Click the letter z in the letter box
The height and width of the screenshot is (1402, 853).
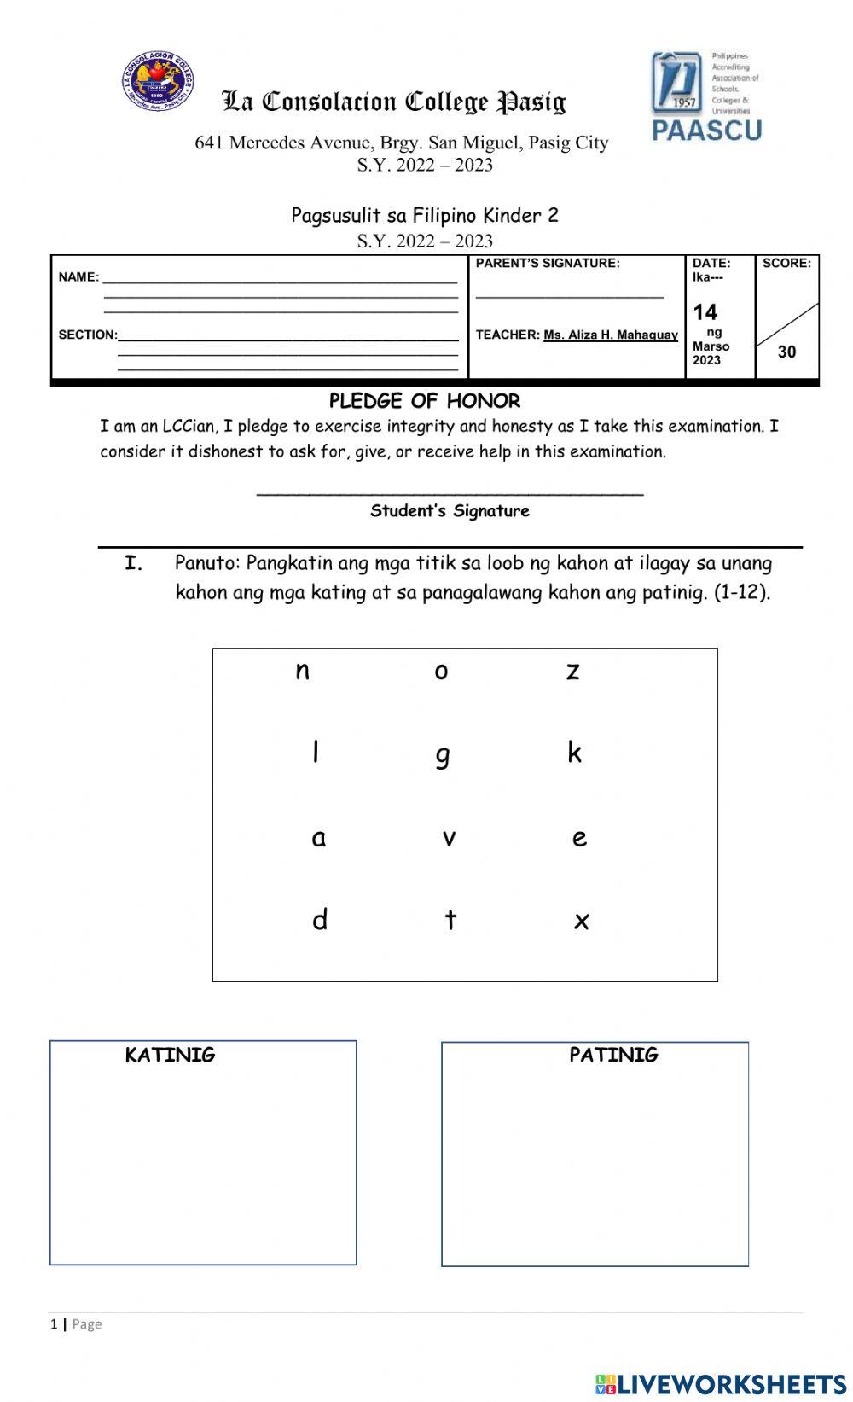[572, 672]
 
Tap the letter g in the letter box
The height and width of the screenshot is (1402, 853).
[442, 755]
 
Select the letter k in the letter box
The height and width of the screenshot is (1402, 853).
[574, 752]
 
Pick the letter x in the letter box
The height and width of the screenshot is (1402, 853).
[581, 921]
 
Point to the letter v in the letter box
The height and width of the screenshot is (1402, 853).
[449, 838]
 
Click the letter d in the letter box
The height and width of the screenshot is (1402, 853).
[320, 919]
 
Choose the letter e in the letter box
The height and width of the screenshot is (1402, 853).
[579, 838]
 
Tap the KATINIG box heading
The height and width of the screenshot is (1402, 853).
[170, 1055]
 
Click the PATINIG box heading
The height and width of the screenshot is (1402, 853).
[613, 1055]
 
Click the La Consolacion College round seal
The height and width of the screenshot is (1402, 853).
[158, 81]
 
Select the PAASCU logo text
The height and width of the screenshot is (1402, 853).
[707, 130]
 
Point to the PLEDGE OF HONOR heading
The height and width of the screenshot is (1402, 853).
[425, 401]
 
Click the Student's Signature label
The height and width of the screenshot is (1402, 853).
[450, 511]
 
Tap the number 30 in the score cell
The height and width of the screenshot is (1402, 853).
[786, 352]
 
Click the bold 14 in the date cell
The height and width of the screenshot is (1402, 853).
[705, 311]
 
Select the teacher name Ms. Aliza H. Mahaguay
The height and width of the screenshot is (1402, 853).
[611, 335]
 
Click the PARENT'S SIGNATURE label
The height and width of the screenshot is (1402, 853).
[548, 263]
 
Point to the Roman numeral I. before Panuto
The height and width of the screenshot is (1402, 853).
[133, 563]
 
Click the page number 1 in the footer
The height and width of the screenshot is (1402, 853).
[54, 1324]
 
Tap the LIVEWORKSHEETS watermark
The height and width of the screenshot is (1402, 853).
[721, 1384]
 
